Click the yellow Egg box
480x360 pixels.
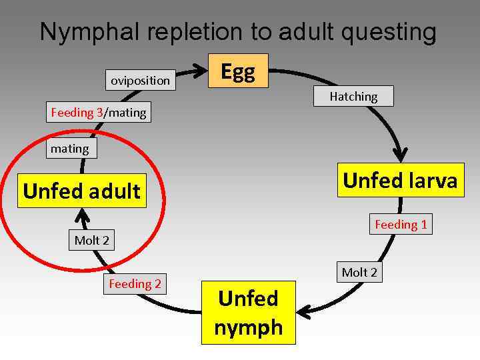[x=238, y=71]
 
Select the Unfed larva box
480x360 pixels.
[x=400, y=180]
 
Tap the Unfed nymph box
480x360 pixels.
[x=249, y=313]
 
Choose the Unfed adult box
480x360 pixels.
[x=81, y=191]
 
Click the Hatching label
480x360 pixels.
[x=353, y=97]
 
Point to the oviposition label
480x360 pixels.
[x=140, y=81]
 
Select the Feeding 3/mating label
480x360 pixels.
[x=98, y=113]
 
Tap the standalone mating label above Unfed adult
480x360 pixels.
[x=70, y=149]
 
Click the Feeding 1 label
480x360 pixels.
[x=401, y=225]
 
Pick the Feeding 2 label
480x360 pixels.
[x=135, y=284]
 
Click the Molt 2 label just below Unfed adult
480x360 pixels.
[x=91, y=240]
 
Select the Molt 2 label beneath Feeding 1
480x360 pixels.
[x=359, y=272]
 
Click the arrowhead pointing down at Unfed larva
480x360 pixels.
[x=400, y=155]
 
